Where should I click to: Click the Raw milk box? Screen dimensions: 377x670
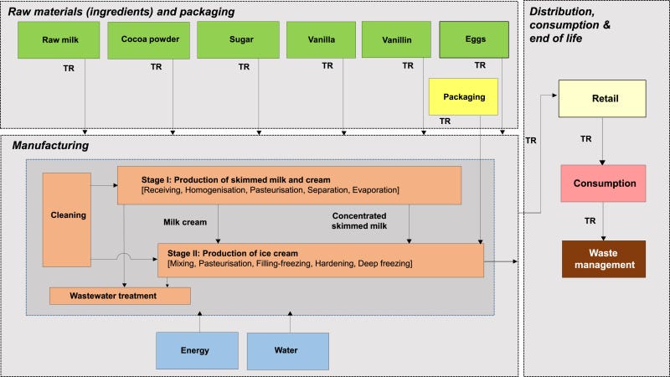[59, 39]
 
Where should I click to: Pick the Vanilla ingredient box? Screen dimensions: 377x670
[319, 39]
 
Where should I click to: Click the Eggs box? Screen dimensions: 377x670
[474, 39]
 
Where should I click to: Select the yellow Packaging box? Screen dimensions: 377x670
[463, 97]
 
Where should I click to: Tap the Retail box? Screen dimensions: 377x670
[602, 100]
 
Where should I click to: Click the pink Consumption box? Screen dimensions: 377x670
[602, 183]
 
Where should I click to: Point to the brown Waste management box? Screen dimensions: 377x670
[603, 259]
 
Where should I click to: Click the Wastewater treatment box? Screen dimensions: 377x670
[120, 295]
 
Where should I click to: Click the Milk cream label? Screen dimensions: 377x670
[184, 222]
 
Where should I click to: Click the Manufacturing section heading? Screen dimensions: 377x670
[50, 146]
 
